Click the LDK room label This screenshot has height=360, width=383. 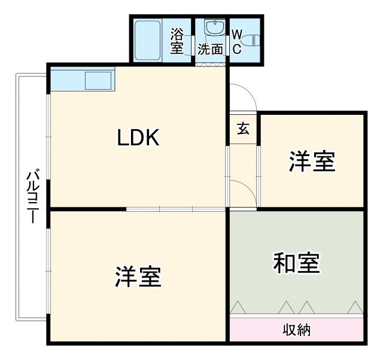[138, 139]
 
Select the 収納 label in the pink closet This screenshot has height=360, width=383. [296, 330]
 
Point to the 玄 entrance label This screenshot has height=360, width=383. [243, 128]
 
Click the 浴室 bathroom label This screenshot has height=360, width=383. [177, 40]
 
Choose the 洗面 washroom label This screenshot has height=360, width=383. [210, 49]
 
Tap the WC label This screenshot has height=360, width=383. [236, 41]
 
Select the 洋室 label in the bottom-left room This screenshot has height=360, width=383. [138, 276]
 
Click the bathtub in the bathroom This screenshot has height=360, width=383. [147, 40]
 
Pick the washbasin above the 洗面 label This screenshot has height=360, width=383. [212, 28]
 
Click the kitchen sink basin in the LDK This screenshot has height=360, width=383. [98, 81]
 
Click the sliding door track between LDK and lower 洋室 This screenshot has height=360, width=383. [177, 209]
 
